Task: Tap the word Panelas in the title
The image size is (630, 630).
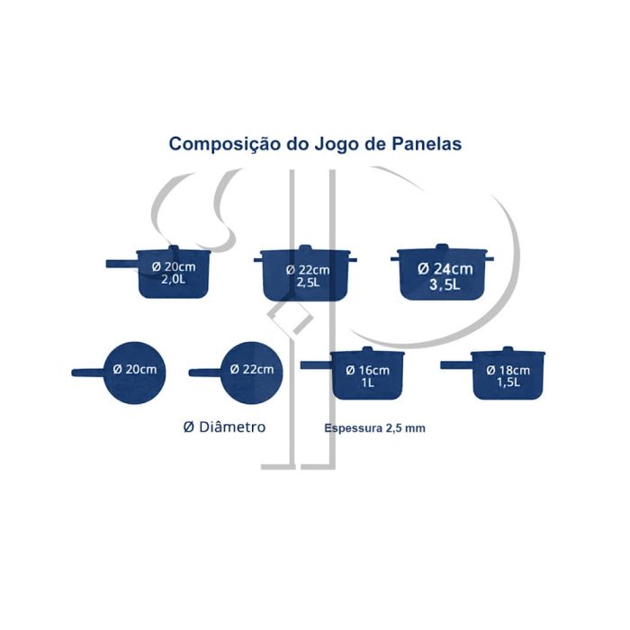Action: [x=427, y=144]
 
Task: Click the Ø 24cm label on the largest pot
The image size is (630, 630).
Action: [x=445, y=269]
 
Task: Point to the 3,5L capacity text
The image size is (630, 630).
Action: [x=445, y=284]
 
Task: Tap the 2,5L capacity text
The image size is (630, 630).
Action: [x=308, y=282]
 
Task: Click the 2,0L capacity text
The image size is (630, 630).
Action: [x=174, y=279]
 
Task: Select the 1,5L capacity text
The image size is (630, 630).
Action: [x=508, y=382]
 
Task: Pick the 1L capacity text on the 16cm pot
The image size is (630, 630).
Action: [x=367, y=382]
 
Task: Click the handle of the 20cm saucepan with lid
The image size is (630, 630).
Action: [x=122, y=264]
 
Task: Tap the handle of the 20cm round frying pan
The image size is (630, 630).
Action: [x=88, y=373]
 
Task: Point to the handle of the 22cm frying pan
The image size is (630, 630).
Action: [x=205, y=373]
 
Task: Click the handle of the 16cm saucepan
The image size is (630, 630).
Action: [x=317, y=364]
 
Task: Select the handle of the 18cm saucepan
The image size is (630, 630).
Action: [x=456, y=364]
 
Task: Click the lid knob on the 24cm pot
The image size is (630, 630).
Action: [x=442, y=247]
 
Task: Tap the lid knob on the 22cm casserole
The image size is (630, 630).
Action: [x=305, y=247]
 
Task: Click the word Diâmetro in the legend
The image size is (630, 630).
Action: [x=232, y=427]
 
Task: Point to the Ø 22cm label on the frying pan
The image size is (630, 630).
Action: [x=252, y=369]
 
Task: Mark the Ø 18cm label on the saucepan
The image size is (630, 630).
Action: [x=508, y=370]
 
